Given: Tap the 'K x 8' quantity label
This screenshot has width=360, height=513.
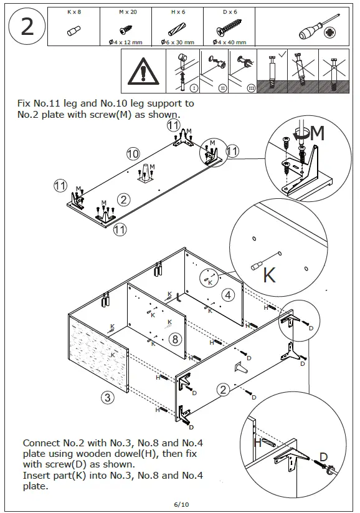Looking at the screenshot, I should coord(74,12).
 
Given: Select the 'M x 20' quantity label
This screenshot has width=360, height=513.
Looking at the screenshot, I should coord(126,12).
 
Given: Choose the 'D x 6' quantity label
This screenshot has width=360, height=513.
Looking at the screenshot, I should coord(230,12).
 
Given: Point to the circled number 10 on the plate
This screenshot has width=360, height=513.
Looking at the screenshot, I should coord(133,153).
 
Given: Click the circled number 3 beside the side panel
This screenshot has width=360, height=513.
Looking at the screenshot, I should coord(107,397).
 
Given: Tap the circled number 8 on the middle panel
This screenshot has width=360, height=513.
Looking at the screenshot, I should coord(175,339).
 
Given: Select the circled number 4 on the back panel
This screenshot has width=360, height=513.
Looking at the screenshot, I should coord(229,294).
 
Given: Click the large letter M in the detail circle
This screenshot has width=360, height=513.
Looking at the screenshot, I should coord(317,133).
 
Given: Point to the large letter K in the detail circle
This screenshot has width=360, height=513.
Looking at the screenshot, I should coord(270,275).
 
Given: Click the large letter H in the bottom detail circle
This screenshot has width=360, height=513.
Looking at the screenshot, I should coord(257,443).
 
